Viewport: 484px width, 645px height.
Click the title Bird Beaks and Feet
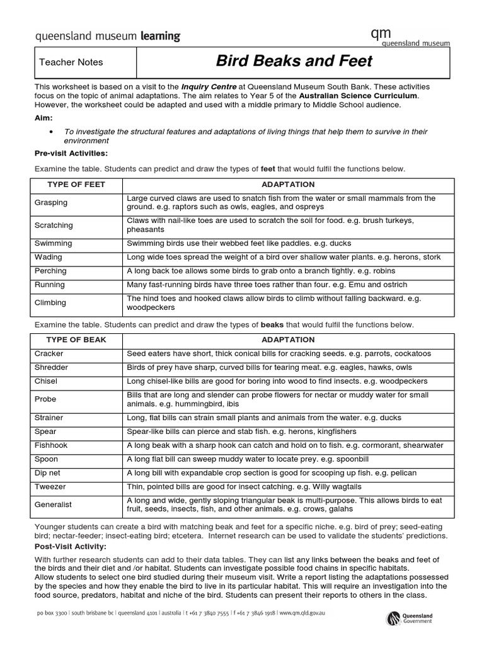294,61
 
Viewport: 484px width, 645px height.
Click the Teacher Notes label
71,62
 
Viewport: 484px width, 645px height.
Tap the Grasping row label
51,203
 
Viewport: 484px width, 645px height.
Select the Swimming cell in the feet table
53,243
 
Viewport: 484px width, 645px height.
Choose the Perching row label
50,271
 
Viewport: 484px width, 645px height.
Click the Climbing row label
50,302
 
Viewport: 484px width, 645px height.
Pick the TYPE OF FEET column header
76,185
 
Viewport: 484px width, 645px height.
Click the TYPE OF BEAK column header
76,340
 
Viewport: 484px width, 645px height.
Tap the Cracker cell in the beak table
49,353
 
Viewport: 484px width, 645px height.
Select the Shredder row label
51,367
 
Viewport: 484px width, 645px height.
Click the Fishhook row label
50,445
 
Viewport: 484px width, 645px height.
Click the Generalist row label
53,505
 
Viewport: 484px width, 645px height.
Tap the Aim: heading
44,118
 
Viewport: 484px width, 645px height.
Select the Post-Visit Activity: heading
70,546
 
